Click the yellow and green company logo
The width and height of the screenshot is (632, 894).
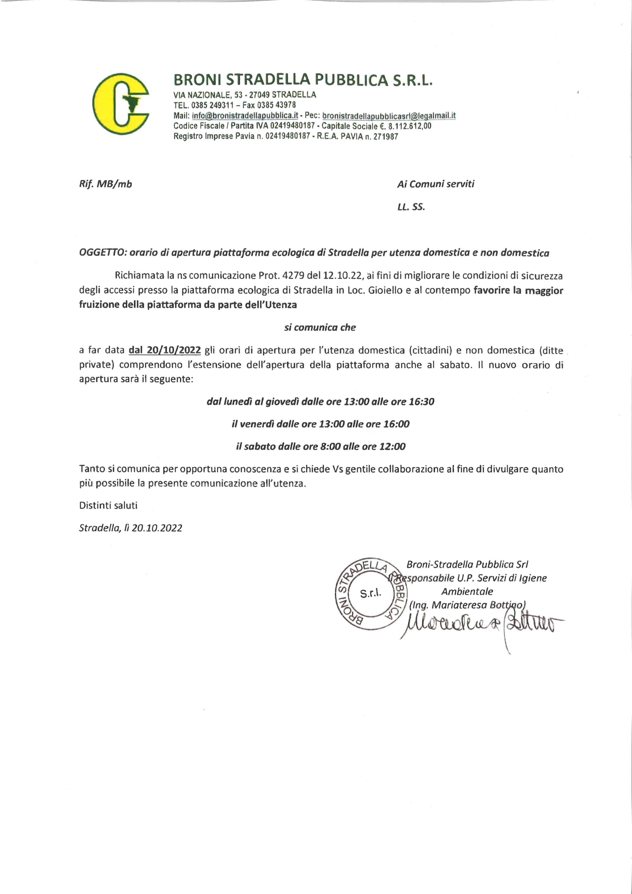[121, 102]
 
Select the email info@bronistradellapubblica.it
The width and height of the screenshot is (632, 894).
[245, 116]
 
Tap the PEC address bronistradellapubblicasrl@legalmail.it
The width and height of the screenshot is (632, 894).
[389, 116]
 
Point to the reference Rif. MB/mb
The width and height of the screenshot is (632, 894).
[106, 184]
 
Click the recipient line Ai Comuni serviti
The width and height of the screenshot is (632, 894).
[436, 184]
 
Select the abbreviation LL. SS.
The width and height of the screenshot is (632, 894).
[411, 207]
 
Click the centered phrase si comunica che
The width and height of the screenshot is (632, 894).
[320, 328]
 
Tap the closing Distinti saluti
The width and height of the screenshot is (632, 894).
[108, 506]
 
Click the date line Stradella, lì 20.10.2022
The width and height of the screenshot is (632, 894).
[130, 528]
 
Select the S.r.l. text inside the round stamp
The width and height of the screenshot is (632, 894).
[371, 593]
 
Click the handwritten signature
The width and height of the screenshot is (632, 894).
[479, 624]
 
